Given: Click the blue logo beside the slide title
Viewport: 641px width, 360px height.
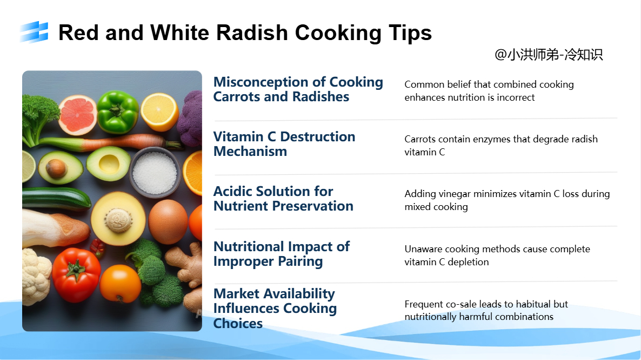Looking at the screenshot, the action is pos(35,32).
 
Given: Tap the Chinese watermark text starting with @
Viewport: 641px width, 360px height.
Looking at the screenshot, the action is pos(549,55).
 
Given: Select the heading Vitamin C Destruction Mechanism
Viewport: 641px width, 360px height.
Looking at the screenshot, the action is pos(284,144).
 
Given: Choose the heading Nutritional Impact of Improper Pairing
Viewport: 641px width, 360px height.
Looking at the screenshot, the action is pos(282,254).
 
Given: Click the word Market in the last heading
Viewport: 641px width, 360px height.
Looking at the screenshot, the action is pos(236,293).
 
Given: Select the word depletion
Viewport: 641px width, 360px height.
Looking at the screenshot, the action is pos(468,262).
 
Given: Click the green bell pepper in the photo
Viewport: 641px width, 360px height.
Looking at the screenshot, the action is pos(118,112).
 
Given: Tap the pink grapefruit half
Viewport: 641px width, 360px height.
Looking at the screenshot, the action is pos(77,115).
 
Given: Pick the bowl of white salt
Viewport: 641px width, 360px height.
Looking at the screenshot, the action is pos(155,172).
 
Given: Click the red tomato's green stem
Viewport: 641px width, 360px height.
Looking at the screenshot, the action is pos(76,269).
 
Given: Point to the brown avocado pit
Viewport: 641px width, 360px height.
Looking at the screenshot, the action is pos(56,168).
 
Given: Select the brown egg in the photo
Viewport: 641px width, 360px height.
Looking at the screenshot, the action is pos(168,221).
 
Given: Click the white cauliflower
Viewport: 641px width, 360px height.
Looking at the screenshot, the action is pos(36,277).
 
